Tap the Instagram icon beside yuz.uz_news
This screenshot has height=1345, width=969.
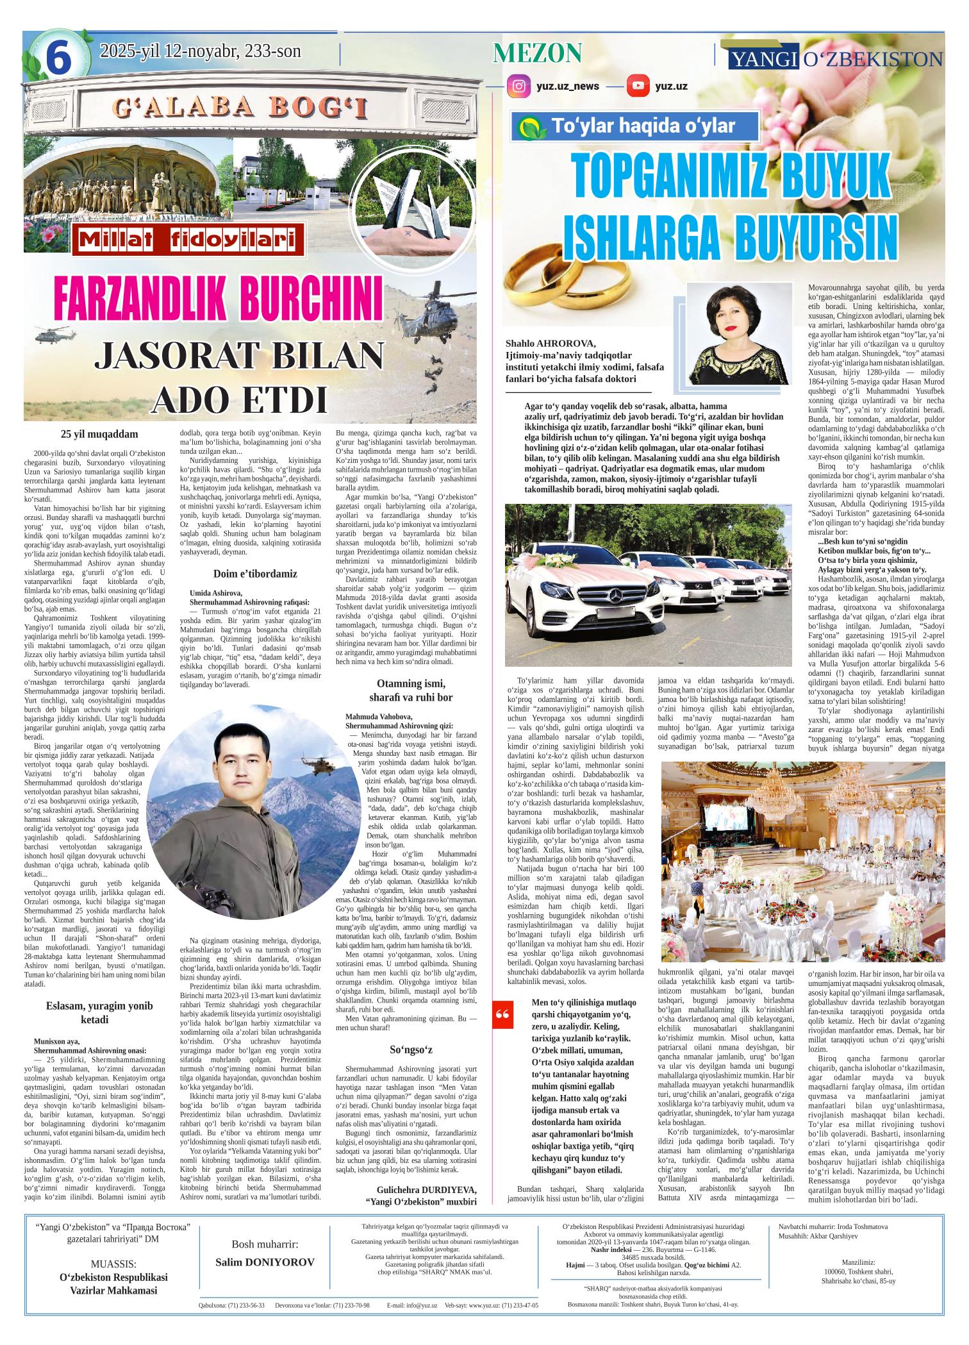click(518, 86)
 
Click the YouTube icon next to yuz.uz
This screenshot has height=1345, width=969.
click(637, 86)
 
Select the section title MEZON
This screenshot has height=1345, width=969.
click(537, 53)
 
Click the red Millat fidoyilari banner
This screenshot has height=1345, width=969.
click(187, 240)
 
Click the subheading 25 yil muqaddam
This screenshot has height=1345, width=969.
click(99, 434)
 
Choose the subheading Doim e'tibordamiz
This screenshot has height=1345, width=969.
click(253, 573)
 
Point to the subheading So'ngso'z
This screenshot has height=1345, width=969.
click(411, 1049)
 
